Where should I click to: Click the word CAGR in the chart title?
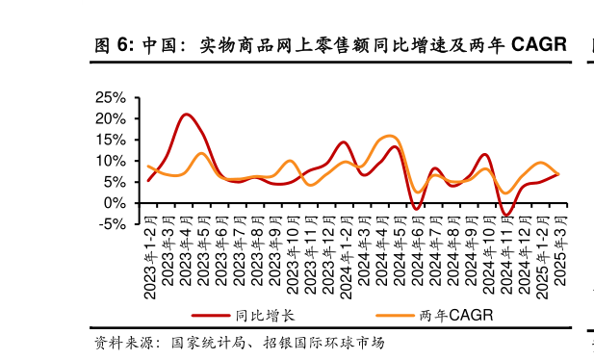point(538,44)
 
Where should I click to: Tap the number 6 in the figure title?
point(123,45)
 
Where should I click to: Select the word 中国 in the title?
point(160,45)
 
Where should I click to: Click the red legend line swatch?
point(210,315)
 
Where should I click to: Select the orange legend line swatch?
point(395,315)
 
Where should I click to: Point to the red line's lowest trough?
point(506,214)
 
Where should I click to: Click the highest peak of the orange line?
point(389,136)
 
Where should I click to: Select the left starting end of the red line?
point(148,180)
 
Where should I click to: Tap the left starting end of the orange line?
point(148,167)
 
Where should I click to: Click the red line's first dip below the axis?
point(416,208)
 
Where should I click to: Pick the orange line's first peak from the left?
point(201,153)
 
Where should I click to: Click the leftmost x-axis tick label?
point(149,219)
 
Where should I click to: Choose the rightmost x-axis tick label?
point(560,219)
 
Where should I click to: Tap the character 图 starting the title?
point(103,45)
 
